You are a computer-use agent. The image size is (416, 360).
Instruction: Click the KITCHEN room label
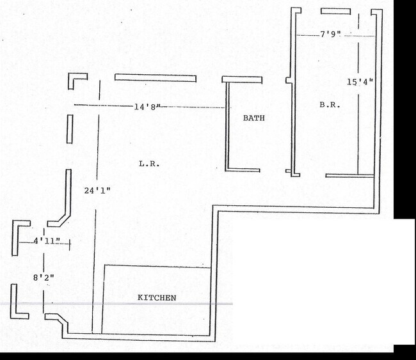[157, 298]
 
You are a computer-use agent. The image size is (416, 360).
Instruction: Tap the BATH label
[254, 118]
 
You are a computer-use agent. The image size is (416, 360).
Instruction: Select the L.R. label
[149, 164]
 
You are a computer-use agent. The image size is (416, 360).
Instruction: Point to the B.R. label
[330, 105]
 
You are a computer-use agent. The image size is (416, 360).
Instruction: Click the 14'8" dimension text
[147, 107]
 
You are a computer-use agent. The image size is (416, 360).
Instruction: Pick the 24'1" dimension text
[97, 191]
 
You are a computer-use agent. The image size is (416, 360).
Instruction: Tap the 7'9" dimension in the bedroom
[330, 34]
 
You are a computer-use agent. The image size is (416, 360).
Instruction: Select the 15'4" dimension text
[360, 82]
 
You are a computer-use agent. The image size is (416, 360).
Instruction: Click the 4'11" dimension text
[47, 241]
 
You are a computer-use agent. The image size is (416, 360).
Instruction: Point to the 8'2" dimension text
[44, 278]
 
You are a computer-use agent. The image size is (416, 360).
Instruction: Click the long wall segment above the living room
[156, 78]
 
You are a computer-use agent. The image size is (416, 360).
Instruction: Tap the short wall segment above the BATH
[242, 79]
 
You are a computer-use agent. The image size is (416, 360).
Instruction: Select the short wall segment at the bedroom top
[336, 11]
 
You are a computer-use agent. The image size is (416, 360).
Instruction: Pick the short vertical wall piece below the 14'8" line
[70, 129]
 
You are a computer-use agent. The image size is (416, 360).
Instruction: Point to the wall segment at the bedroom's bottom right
[349, 175]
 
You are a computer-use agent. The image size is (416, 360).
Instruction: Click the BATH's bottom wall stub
[243, 170]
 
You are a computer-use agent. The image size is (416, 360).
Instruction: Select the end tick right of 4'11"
[70, 244]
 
